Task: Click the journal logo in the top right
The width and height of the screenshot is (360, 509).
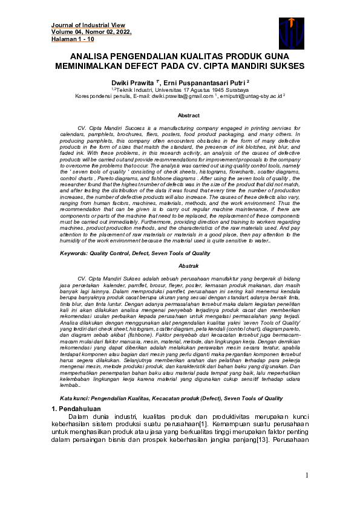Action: (291, 32)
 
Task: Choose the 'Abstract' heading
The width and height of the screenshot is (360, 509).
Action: (188, 115)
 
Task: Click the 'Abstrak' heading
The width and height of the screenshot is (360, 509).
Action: (188, 266)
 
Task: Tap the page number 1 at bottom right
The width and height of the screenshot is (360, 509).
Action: (307, 475)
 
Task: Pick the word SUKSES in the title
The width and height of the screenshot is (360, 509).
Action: (286, 64)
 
